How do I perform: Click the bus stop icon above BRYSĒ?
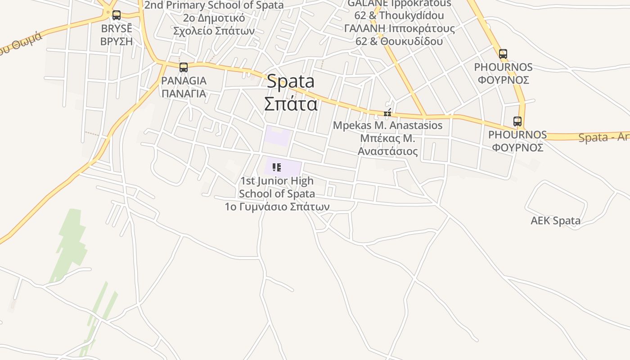click(117, 15)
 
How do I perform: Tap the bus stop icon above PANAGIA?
click(184, 67)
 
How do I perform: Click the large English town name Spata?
click(291, 81)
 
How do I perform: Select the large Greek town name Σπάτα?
click(291, 104)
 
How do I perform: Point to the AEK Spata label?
click(555, 221)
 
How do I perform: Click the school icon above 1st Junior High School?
click(277, 168)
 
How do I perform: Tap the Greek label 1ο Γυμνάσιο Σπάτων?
click(277, 207)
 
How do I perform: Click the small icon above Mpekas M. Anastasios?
click(387, 113)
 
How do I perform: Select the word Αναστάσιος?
click(387, 151)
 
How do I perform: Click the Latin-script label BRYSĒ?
click(117, 28)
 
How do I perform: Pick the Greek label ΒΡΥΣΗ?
click(117, 41)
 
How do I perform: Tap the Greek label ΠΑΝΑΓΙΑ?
click(184, 94)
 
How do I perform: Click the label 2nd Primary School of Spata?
click(214, 5)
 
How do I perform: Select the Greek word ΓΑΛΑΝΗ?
click(363, 28)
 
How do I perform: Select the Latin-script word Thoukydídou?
click(411, 15)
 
